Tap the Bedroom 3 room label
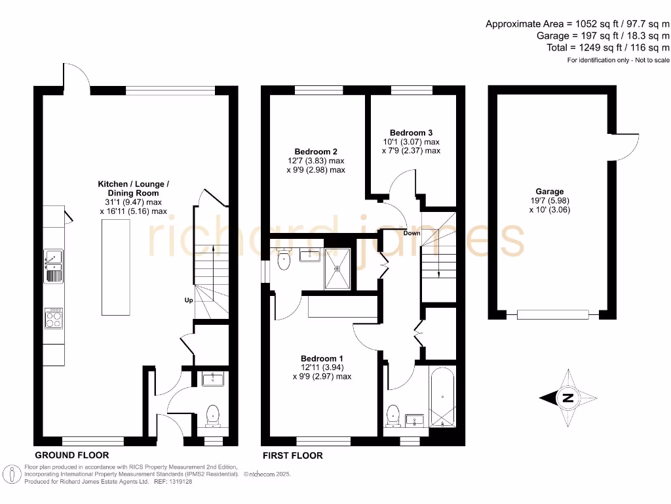pyautogui.click(x=410, y=132)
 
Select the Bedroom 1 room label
pyautogui.click(x=321, y=358)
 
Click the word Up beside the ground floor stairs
pyautogui.click(x=187, y=300)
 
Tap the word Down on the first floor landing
pyautogui.click(x=412, y=233)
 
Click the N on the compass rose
pyautogui.click(x=568, y=398)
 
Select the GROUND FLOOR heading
pyautogui.click(x=71, y=455)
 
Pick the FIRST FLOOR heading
pyautogui.click(x=292, y=455)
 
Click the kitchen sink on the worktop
pyautogui.click(x=53, y=265)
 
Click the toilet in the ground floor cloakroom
pyautogui.click(x=213, y=415)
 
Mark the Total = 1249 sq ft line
pyautogui.click(x=608, y=47)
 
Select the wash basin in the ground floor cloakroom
pyautogui.click(x=213, y=379)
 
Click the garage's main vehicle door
pyautogui.click(x=552, y=314)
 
